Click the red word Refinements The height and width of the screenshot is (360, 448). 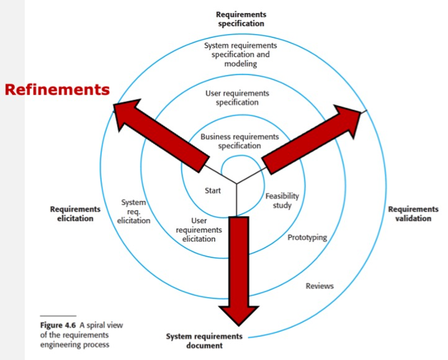(x=57, y=90)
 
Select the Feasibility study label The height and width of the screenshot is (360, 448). (x=282, y=200)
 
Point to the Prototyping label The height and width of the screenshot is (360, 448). (x=307, y=238)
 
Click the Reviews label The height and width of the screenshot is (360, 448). (x=320, y=286)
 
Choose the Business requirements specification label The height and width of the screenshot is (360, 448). (x=240, y=141)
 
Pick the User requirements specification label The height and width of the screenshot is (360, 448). (x=237, y=98)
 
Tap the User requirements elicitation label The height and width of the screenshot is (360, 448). (x=198, y=229)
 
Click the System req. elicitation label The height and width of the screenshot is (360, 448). (x=134, y=211)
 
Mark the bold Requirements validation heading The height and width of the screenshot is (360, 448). (x=413, y=214)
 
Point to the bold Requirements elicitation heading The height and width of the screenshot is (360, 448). (x=75, y=214)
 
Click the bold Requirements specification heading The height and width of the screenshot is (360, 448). (x=240, y=19)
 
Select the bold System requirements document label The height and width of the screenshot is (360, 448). (x=204, y=341)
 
